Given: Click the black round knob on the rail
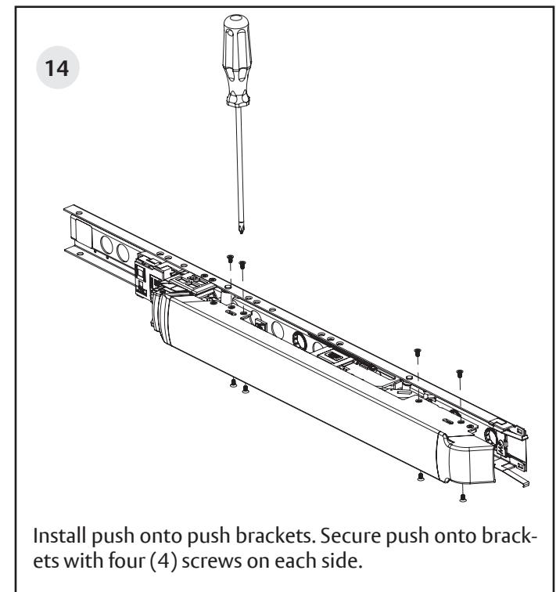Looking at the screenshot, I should coord(298,342).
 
